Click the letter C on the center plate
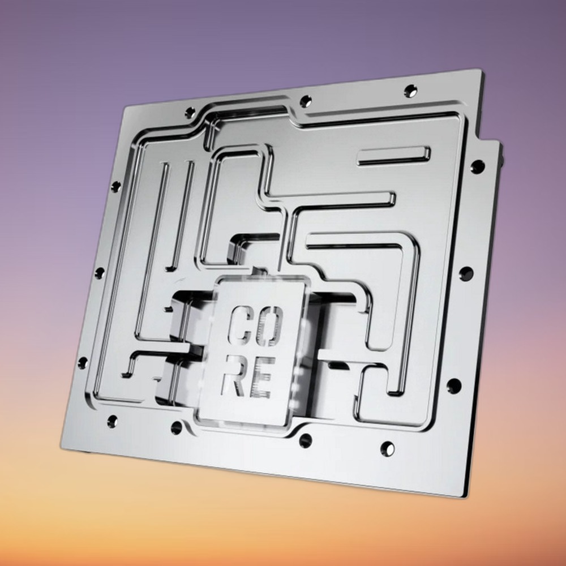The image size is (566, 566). (x=239, y=325)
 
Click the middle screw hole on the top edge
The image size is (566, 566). (x=306, y=101)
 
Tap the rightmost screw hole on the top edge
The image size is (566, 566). (x=410, y=90)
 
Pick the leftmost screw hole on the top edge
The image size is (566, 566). (x=190, y=113)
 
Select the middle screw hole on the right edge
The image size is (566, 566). (x=466, y=273)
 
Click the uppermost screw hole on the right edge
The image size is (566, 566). (x=477, y=166)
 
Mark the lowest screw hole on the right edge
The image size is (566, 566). (x=454, y=386)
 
